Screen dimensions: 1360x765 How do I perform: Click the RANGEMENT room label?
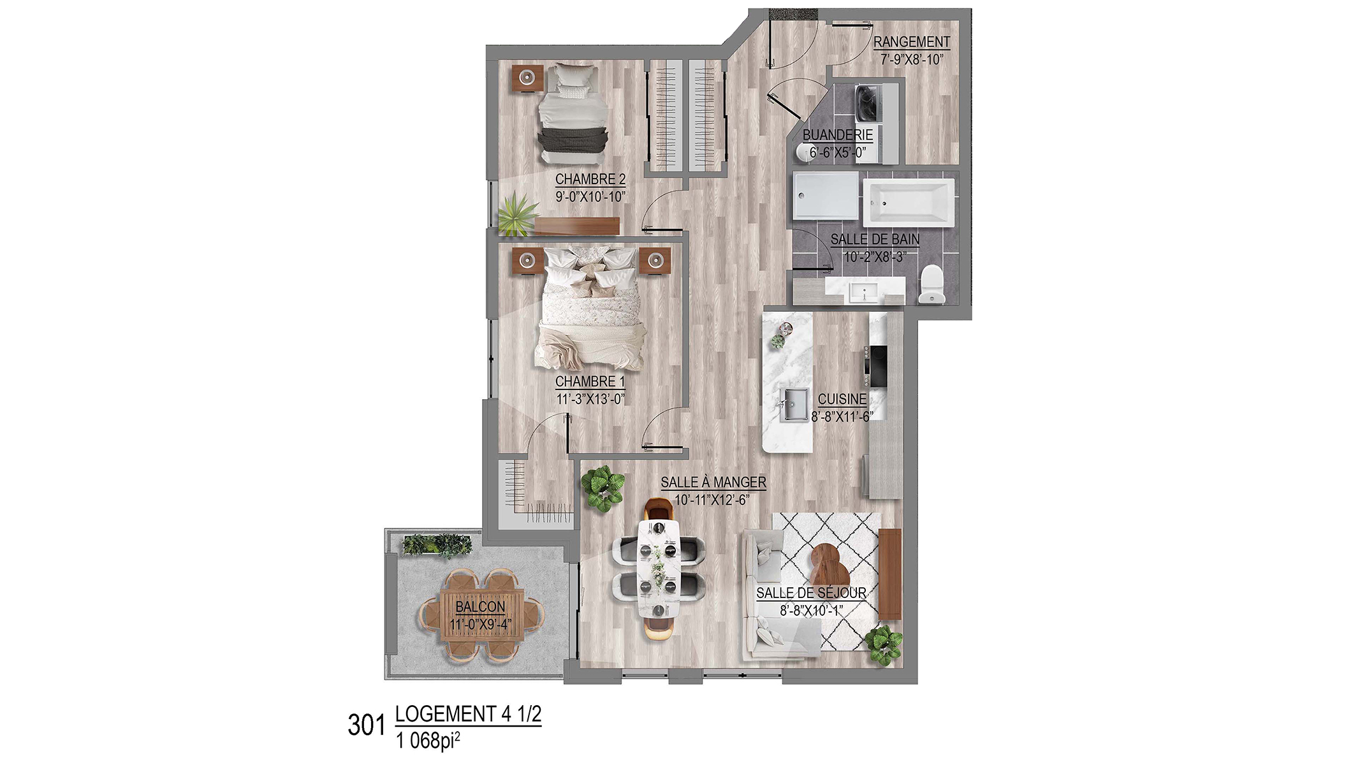coord(911,42)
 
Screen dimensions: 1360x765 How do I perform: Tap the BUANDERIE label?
coord(837,135)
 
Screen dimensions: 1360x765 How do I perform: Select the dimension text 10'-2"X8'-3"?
coord(875,257)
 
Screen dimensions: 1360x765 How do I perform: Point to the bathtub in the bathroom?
coord(909,202)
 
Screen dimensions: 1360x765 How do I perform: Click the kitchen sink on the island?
coord(794,405)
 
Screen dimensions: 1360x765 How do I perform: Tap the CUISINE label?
coord(842,400)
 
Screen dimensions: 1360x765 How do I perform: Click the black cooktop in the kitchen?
coord(876,366)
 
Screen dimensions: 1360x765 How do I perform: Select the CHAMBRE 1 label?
coord(590,382)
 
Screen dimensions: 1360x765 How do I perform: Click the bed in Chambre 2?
coord(573,113)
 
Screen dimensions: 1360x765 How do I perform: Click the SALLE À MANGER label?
coord(713,483)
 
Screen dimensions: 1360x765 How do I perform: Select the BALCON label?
coord(480,607)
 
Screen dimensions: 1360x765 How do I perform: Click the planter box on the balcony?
coord(437,545)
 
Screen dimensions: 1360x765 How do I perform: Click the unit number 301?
coord(367,725)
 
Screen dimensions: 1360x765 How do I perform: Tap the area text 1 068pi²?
coord(428,740)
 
